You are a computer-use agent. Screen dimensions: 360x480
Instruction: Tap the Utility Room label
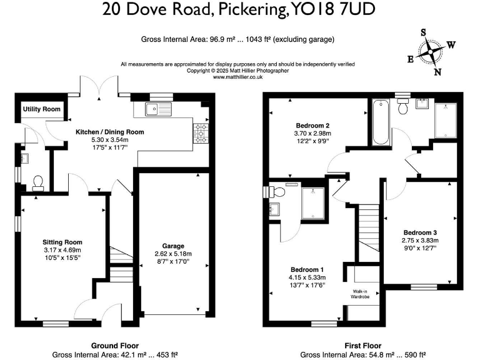[x=42, y=109]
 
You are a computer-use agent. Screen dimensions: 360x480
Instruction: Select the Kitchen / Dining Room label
[x=110, y=132]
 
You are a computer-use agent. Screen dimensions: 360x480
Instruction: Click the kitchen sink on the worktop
[x=152, y=110]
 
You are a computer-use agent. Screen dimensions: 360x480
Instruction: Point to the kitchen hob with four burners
[x=202, y=132]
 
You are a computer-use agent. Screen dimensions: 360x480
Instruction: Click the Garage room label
[x=172, y=246]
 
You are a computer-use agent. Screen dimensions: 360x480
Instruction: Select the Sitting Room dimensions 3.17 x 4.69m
[x=62, y=250]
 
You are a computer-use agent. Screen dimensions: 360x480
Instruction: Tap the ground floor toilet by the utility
[x=37, y=182]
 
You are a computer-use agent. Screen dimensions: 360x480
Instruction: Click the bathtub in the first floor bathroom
[x=380, y=122]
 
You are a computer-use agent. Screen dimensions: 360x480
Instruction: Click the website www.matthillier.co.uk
[x=238, y=77]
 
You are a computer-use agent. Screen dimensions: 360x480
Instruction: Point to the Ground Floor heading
[x=115, y=346]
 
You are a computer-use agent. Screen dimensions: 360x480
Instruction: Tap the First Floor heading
[x=362, y=346]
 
